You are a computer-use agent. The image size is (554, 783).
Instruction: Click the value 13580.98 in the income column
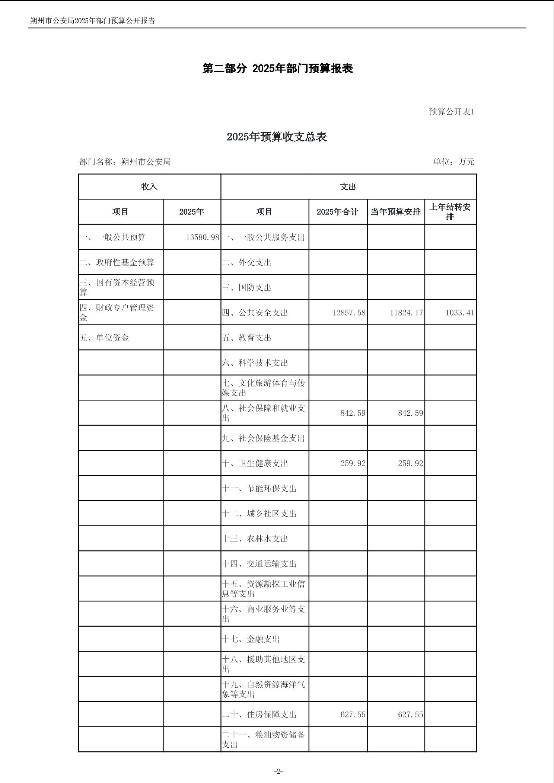(x=203, y=237)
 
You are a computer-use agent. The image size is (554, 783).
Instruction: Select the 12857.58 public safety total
(x=349, y=313)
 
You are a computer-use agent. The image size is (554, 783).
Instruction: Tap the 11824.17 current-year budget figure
(x=406, y=313)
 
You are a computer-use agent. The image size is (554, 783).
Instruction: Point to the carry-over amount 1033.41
(x=460, y=313)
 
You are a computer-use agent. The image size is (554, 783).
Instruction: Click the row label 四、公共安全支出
(x=255, y=313)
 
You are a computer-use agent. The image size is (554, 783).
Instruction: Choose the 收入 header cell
(x=149, y=187)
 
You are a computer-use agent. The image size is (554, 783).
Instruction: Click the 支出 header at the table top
(x=348, y=187)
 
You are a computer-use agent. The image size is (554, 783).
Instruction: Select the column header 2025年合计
(x=338, y=212)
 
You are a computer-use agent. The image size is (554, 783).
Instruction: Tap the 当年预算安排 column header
(x=396, y=212)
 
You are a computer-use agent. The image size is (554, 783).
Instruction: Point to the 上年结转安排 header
(x=450, y=212)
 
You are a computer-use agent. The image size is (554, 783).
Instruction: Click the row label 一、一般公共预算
(x=113, y=237)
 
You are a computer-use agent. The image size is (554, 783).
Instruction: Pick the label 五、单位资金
(x=104, y=338)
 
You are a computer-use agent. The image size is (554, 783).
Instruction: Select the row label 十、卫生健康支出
(x=255, y=463)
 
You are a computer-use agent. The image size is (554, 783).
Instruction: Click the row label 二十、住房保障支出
(x=259, y=715)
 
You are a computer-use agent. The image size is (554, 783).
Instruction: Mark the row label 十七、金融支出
(x=251, y=639)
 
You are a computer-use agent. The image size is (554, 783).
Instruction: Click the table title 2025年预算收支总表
(x=277, y=137)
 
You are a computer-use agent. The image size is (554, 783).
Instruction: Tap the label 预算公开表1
(x=452, y=112)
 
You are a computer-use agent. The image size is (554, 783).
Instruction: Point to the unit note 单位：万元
(x=453, y=162)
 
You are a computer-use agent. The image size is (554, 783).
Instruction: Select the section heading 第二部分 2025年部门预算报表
(x=277, y=68)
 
